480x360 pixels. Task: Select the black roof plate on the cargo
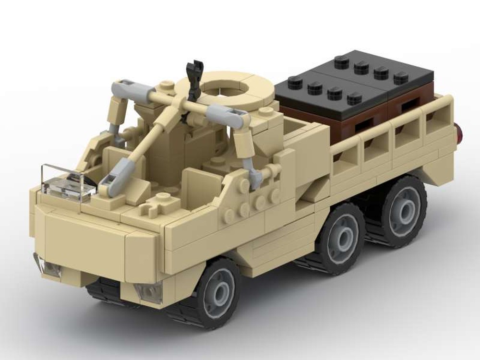pos(355,79)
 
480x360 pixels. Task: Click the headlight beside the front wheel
pos(150,292)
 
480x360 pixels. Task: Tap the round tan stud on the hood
pos(162,197)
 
